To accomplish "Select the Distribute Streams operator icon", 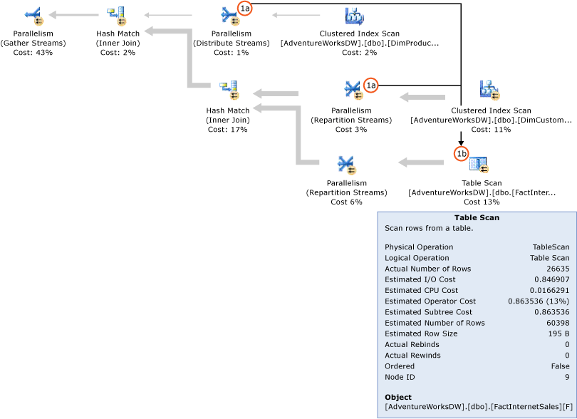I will pyautogui.click(x=229, y=14).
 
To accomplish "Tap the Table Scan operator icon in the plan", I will pyautogui.click(x=478, y=165).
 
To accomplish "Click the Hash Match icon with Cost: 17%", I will pyautogui.click(x=228, y=90).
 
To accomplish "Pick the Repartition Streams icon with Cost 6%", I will pyautogui.click(x=346, y=165).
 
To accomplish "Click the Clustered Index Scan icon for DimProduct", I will pyautogui.click(x=354, y=15).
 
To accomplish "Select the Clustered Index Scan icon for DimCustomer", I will pyautogui.click(x=489, y=90).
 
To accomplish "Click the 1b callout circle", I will pyautogui.click(x=461, y=153).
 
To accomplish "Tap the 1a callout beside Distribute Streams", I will pyautogui.click(x=245, y=8).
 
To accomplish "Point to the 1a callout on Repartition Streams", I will pyautogui.click(x=370, y=85).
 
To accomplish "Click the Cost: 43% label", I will pyautogui.click(x=33, y=53).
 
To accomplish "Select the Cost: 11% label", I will pyautogui.click(x=491, y=130).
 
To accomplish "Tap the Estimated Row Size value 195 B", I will pyautogui.click(x=557, y=333).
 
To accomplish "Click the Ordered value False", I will pyautogui.click(x=559, y=366).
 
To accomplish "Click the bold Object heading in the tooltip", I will pyautogui.click(x=398, y=397).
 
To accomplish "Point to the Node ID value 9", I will pyautogui.click(x=566, y=377).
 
